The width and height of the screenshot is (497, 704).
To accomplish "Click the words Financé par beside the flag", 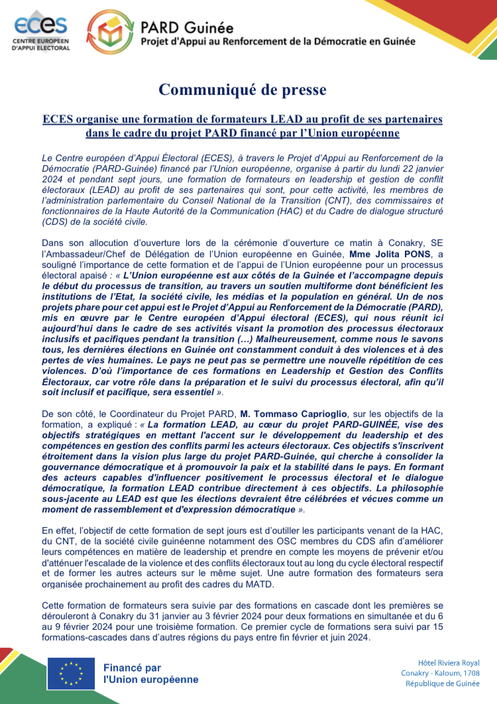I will click(x=132, y=668).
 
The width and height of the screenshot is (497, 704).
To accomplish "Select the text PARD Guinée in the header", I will click(x=187, y=27).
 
